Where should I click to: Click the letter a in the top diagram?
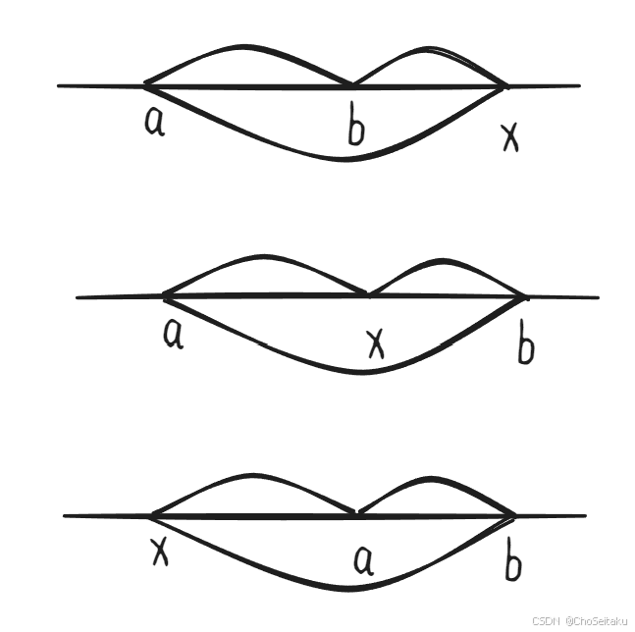(154, 122)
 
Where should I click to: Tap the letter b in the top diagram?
(356, 127)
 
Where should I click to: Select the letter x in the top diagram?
(509, 138)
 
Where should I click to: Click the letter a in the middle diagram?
(174, 334)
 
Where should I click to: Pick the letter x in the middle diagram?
(374, 343)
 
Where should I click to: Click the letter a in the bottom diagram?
(363, 559)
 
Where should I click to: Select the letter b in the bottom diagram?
(511, 562)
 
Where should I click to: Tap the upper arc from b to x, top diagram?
(428, 48)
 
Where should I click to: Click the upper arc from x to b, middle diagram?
(447, 261)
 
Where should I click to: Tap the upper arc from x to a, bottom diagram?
(250, 476)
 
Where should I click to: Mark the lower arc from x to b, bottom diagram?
(339, 589)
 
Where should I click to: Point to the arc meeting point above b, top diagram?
(351, 85)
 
